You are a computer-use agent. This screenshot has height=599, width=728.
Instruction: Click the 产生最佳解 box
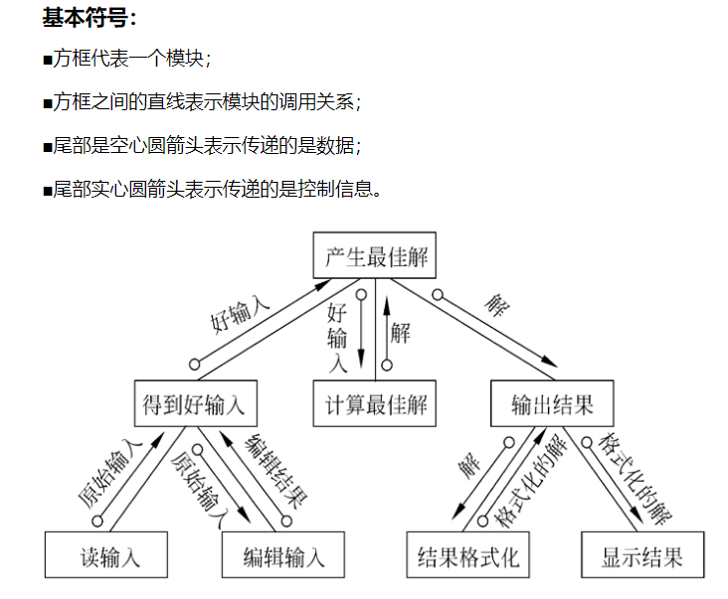point(375,256)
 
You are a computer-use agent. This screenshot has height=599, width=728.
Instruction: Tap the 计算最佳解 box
point(375,405)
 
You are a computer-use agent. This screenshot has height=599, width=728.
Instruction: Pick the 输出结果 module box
point(552,405)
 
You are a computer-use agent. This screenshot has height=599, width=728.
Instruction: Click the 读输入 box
point(106,554)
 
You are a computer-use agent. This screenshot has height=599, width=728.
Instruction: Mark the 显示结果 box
point(642,554)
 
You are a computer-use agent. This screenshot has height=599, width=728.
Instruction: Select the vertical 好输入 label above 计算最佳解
point(337,338)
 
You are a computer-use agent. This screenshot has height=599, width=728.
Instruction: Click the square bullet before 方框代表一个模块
point(47,61)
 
